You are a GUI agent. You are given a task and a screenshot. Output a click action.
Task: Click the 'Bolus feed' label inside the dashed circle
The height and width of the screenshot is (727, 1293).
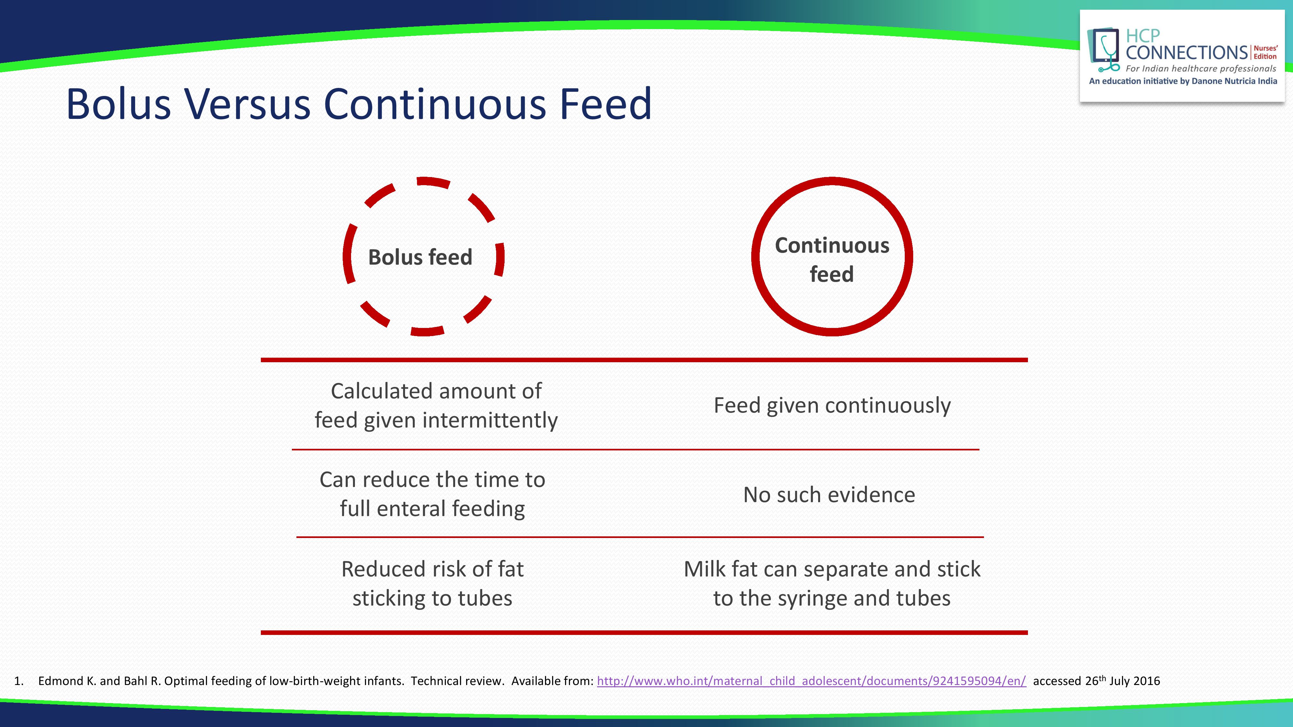[420, 257]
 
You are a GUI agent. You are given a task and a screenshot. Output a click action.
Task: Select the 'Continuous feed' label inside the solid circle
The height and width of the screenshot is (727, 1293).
[832, 259]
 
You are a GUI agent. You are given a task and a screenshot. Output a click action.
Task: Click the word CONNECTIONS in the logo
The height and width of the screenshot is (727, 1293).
[1187, 52]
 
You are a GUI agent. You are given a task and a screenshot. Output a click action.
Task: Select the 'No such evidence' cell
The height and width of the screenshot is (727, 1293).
[829, 495]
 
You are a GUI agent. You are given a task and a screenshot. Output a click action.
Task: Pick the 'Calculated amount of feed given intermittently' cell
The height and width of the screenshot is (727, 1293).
[436, 406]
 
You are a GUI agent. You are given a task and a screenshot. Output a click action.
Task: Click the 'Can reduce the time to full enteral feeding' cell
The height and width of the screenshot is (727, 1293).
[432, 494]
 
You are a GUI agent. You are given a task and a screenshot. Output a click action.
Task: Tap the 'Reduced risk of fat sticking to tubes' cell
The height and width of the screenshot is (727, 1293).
[432, 584]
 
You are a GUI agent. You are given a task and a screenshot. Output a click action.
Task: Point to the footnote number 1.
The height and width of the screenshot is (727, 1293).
[18, 681]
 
